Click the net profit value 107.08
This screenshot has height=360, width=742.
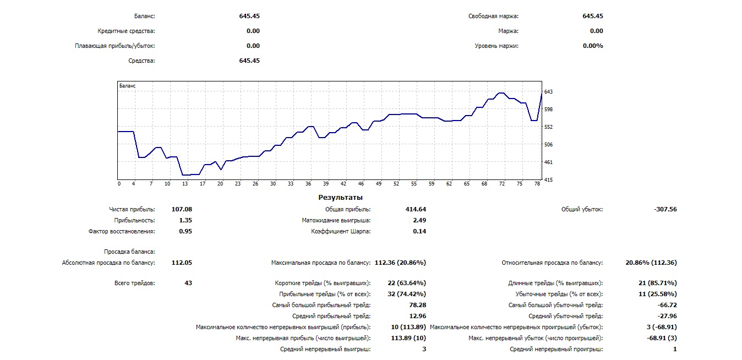182,209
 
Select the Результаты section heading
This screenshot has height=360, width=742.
340,197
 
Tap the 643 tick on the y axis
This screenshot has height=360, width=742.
548,91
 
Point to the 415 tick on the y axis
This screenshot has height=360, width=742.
548,179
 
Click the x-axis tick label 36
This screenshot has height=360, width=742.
308,184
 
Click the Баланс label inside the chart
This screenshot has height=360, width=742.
127,86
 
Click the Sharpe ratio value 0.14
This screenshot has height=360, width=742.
418,231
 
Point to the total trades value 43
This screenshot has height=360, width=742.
188,283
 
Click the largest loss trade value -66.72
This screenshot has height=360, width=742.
667,305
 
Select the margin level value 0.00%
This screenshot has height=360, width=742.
593,46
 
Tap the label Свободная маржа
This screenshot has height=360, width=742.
493,17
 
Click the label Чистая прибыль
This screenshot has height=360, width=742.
132,209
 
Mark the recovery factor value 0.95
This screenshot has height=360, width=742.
185,231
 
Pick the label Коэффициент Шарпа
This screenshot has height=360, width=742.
341,231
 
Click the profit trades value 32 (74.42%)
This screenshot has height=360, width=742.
407,294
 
